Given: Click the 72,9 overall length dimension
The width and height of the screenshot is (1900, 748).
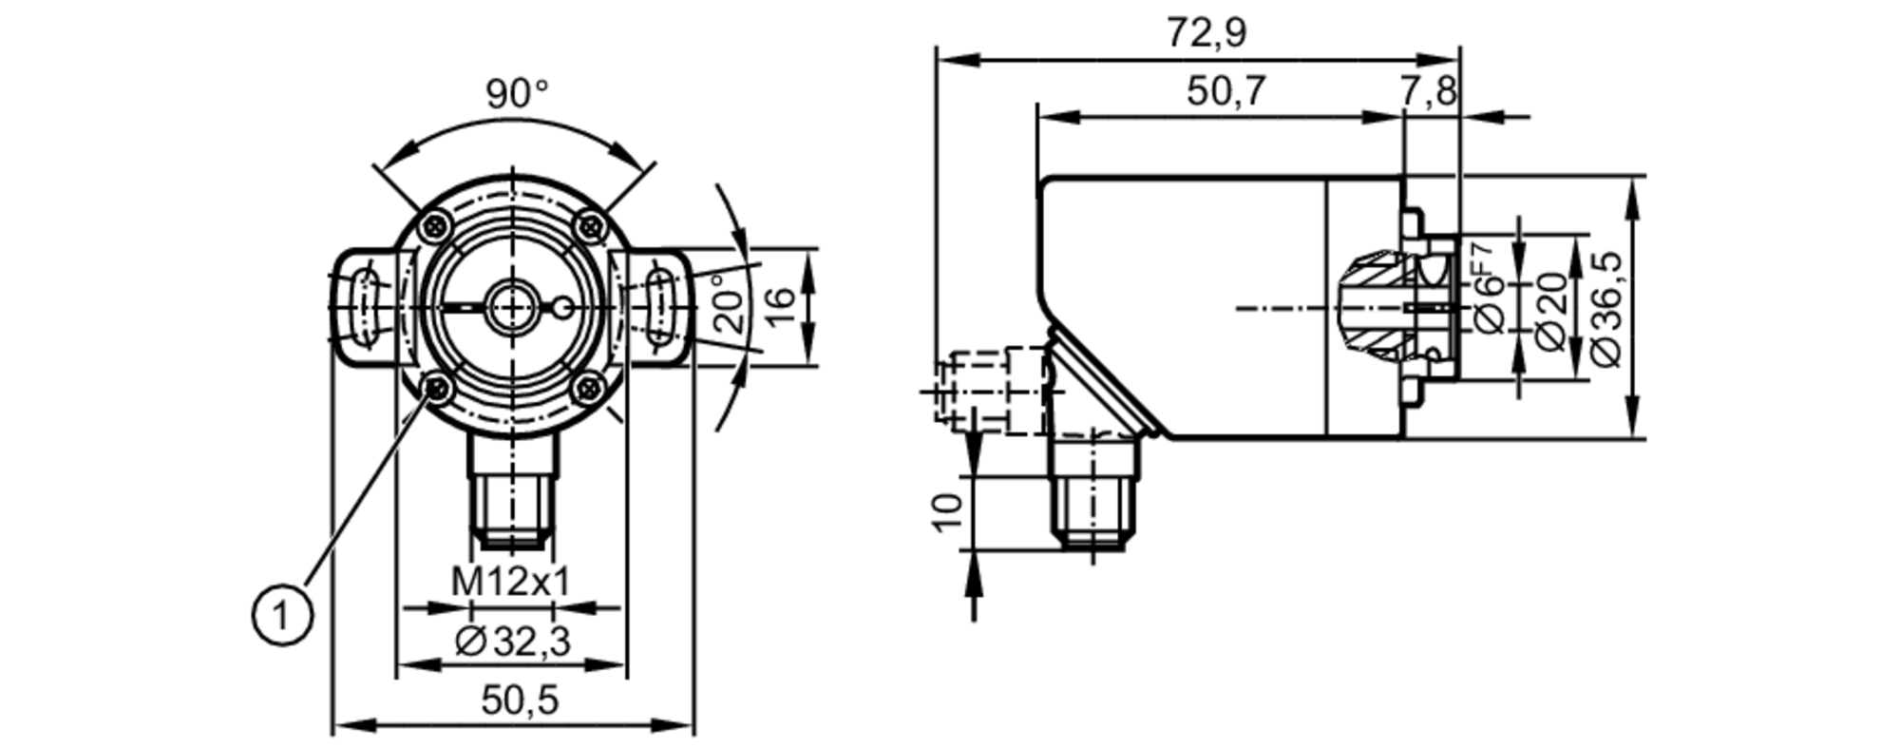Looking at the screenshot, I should [1206, 33].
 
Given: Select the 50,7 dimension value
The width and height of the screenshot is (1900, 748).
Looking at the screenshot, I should [1226, 91].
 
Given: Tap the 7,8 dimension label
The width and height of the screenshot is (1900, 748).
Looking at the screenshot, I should [1428, 91].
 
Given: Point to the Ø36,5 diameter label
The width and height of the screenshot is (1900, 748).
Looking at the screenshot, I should [1606, 308].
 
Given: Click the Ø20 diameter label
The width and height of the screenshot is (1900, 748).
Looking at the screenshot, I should [1550, 311].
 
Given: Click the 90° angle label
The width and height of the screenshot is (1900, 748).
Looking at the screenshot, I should [517, 94].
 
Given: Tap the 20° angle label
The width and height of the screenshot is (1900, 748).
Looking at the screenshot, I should [730, 302].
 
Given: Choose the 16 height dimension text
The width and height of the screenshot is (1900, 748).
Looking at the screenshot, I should [779, 306].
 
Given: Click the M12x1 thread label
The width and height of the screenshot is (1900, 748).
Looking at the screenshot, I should [510, 582].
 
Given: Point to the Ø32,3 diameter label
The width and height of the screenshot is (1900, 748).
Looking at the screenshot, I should [513, 643].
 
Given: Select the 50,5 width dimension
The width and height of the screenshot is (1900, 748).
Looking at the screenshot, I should [520, 701].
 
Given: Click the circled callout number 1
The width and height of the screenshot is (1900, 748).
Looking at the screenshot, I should [281, 616].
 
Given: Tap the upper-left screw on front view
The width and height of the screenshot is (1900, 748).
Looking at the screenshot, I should [436, 226].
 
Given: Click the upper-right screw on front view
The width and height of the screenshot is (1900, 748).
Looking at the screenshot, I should [591, 226].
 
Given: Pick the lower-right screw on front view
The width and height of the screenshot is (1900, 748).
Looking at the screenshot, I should [589, 388].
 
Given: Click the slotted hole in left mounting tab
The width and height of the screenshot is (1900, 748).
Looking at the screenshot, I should [364, 306].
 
